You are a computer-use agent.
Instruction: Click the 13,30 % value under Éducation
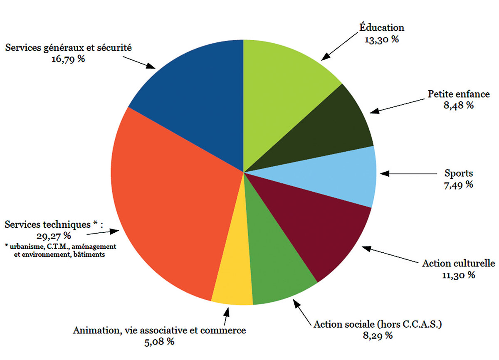382,39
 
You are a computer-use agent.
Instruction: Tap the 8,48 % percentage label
458,105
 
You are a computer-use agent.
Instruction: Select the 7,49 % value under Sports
458,185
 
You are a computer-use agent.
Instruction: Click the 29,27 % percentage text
54,236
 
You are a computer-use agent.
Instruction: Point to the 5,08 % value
159,342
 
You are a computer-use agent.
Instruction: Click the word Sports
459,173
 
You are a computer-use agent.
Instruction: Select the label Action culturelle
458,264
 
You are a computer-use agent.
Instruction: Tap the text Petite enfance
459,94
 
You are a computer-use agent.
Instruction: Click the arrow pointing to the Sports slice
408,174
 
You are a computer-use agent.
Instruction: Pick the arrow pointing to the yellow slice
226,316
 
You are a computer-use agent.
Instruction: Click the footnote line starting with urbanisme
61,247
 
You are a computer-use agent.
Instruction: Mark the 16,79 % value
68,59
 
